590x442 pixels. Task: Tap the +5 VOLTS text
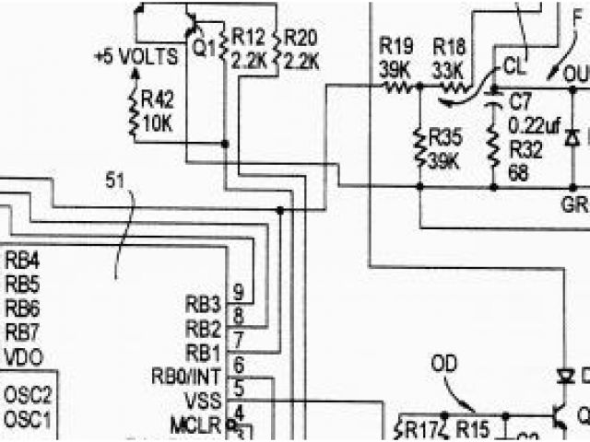click(136, 57)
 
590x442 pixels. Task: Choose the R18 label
click(449, 47)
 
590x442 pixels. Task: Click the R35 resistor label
click(446, 139)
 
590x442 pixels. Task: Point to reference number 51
click(114, 181)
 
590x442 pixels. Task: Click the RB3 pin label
click(204, 304)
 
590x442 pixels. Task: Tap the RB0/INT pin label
click(186, 376)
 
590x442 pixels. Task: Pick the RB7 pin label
click(22, 331)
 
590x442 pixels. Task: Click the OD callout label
click(443, 364)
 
